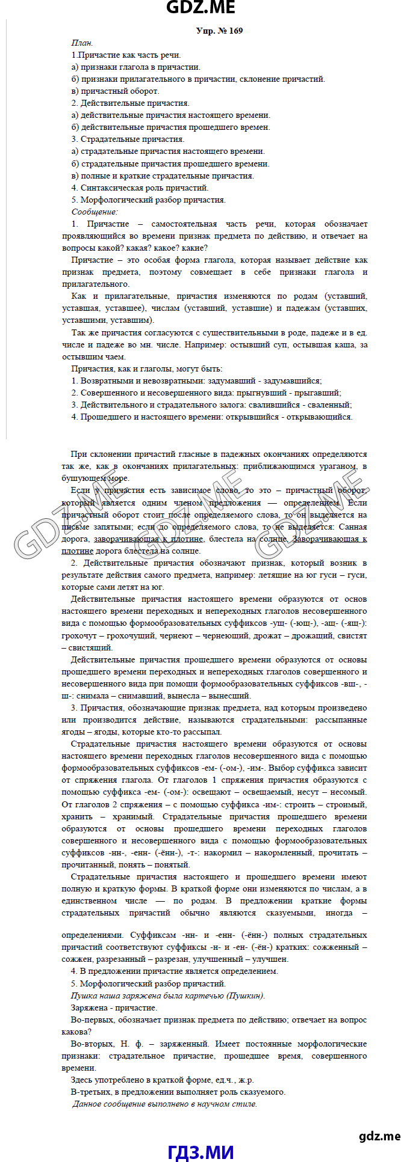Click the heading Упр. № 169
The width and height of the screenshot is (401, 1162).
[x=219, y=31]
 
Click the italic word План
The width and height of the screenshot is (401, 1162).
[x=82, y=43]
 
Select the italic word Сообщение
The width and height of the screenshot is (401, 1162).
[x=95, y=212]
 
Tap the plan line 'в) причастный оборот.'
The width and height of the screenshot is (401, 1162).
[x=115, y=91]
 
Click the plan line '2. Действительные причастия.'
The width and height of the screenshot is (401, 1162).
[x=130, y=103]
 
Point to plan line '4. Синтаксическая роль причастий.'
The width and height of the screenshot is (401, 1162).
[x=140, y=188]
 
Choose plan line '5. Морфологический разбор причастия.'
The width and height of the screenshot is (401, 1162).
[x=148, y=200]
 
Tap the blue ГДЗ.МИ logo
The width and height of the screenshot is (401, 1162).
[x=200, y=1152]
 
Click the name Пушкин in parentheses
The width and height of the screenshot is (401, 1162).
[x=245, y=995]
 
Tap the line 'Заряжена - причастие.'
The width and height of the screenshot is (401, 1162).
[x=114, y=1008]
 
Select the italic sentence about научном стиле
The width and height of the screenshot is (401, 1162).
[x=164, y=1104]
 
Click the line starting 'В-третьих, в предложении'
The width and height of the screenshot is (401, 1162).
[x=178, y=1092]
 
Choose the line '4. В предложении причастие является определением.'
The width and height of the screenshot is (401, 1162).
[x=174, y=971]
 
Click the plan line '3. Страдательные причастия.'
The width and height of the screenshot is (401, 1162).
[x=128, y=139]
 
